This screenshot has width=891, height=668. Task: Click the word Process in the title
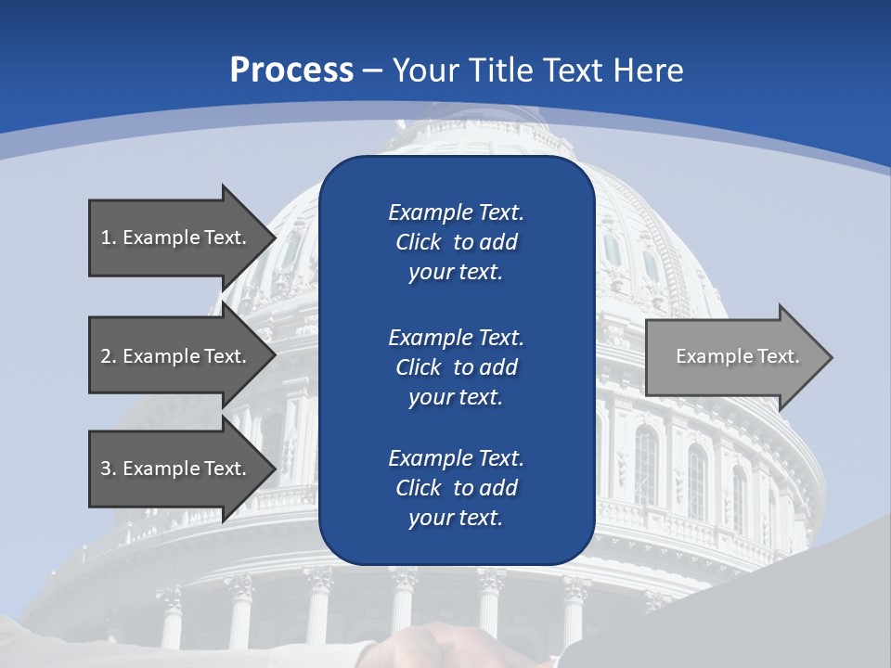(x=291, y=71)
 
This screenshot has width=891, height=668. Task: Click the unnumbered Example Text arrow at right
(x=737, y=356)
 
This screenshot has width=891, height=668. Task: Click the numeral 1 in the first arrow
(x=106, y=238)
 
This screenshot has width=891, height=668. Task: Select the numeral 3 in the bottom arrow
(x=106, y=469)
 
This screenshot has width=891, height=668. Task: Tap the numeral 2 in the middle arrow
(x=106, y=356)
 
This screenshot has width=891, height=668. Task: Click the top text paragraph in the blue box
(x=456, y=242)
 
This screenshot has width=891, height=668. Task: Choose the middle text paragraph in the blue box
(x=456, y=367)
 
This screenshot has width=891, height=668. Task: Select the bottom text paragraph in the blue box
(x=456, y=488)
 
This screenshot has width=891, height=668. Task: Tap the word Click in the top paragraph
(x=419, y=243)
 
